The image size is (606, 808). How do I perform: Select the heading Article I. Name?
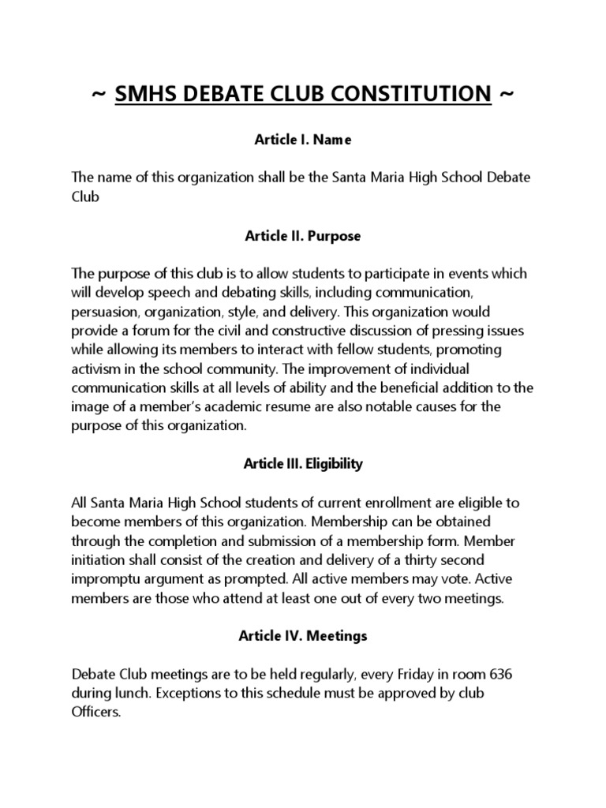coord(302,140)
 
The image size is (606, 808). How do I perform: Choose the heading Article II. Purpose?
coord(302,236)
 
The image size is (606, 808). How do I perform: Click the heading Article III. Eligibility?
coord(302,464)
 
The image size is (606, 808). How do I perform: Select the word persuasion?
coord(105,311)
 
